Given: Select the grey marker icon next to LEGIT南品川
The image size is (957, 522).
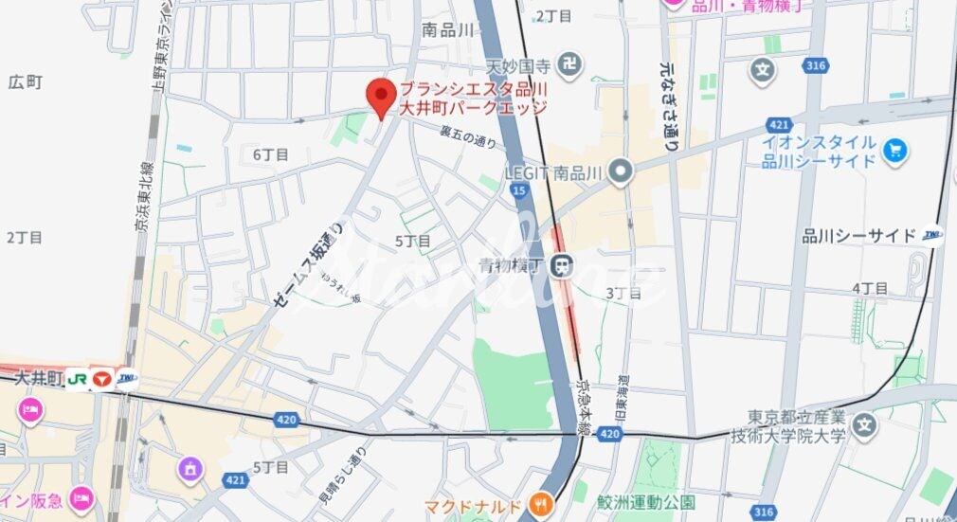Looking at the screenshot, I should click(x=621, y=171).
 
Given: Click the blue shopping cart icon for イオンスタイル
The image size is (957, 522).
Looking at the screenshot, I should click(x=894, y=151).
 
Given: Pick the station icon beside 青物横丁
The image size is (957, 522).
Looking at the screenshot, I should click(x=564, y=267).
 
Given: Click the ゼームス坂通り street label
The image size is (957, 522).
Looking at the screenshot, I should click(x=309, y=266).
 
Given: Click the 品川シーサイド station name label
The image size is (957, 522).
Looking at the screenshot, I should click(x=858, y=236).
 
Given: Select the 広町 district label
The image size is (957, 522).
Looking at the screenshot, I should click(x=26, y=82).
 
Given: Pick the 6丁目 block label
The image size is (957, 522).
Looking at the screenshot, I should click(x=270, y=154).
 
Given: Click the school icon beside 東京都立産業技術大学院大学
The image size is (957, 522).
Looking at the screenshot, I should click(x=863, y=426).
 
